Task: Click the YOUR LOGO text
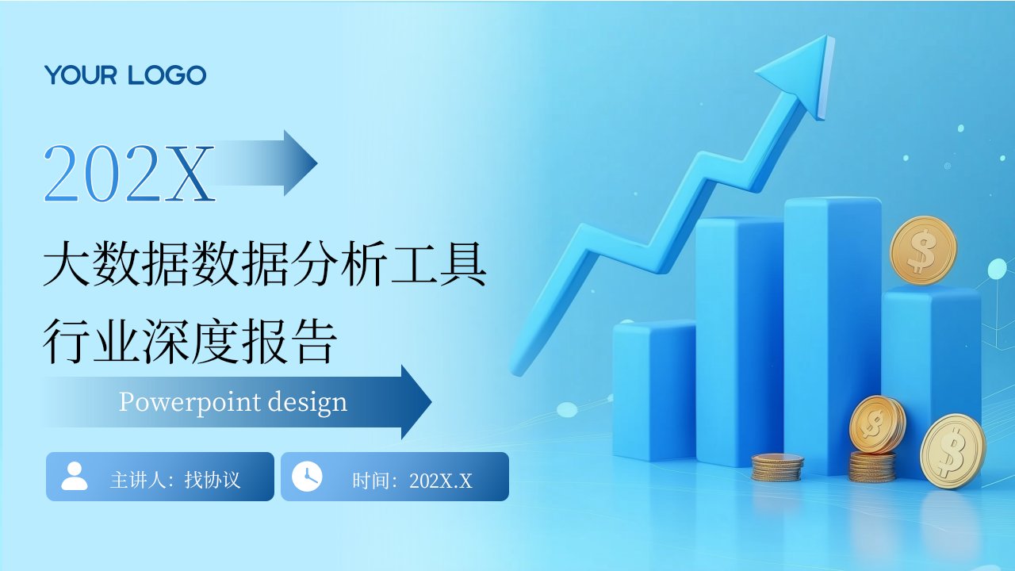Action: point(125,75)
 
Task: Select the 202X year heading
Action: point(129,173)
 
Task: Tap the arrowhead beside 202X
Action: point(301,163)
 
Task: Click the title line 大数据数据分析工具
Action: point(265,264)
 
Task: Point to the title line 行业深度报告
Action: point(190,341)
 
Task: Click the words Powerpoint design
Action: point(233,402)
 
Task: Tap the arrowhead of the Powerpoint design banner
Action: point(416,402)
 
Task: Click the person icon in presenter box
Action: point(75,477)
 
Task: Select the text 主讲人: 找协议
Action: point(175,480)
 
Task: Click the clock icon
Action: point(307,477)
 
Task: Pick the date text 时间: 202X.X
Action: point(412,481)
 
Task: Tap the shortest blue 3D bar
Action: point(654,391)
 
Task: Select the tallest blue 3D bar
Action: point(833,335)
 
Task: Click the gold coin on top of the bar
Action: point(923,251)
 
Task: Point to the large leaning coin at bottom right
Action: point(953,451)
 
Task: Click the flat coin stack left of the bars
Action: point(778,467)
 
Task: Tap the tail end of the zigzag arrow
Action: point(516,370)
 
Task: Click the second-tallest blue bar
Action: point(740,342)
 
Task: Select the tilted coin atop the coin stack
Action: point(877,424)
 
